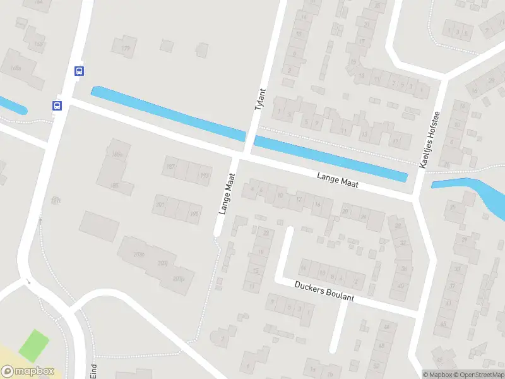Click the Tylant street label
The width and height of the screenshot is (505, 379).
[261, 100]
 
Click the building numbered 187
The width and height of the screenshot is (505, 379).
[170, 166]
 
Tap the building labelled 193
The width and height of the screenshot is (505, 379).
[203, 176]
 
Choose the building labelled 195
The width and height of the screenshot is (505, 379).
[194, 214]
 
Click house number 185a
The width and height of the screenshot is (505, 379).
[116, 154]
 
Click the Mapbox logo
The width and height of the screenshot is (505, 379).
[28, 371]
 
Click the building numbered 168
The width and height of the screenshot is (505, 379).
[39, 44]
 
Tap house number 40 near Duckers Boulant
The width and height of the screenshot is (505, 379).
[401, 286]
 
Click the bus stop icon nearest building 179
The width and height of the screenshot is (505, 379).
[79, 71]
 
